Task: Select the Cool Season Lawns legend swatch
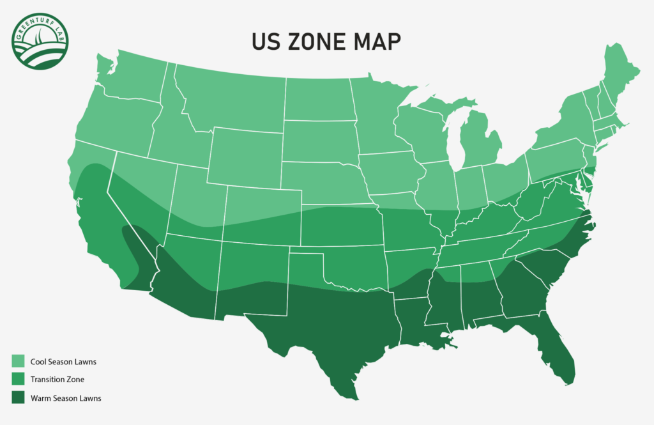click(x=18, y=362)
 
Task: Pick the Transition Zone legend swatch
click(x=18, y=380)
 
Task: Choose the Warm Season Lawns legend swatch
click(x=18, y=398)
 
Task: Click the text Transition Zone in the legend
click(x=57, y=380)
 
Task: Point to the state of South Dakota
click(x=319, y=141)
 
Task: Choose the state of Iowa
click(x=390, y=173)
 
